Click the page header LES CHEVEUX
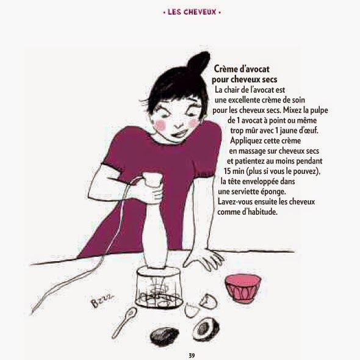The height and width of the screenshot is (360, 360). tap(192, 12)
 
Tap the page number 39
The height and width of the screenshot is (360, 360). tap(192, 356)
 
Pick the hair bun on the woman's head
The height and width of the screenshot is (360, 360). tap(198, 62)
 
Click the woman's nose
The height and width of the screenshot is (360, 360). tap(178, 123)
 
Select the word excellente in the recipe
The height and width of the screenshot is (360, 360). tap(247, 100)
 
